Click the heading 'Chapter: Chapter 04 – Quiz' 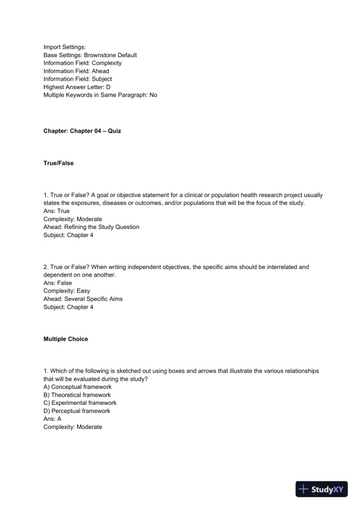tap(82, 131)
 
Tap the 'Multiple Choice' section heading tap(66, 340)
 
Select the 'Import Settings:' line tap(65, 47)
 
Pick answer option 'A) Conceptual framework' tap(78, 387)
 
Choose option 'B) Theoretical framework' tap(78, 395)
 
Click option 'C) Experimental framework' tap(80, 403)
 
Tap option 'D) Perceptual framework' tap(78, 411)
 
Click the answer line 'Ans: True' tap(56, 211)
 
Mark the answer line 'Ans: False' tap(58, 282)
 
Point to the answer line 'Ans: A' tap(53, 419)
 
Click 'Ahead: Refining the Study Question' tap(91, 227)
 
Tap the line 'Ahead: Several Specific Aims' tap(83, 299)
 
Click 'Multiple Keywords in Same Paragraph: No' tap(101, 95)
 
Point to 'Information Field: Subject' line tap(78, 79)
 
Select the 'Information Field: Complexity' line tap(82, 63)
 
